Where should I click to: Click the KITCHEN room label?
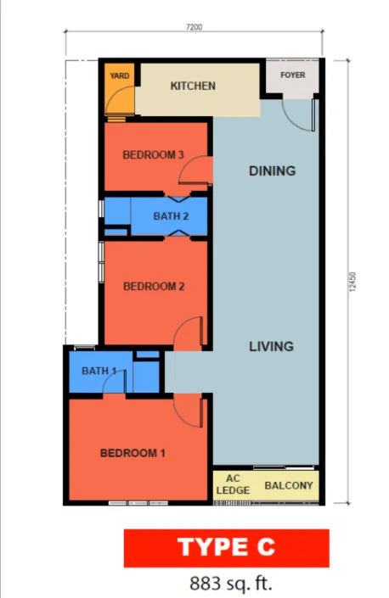click(193, 86)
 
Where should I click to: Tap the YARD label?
click(120, 75)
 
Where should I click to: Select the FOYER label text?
click(293, 75)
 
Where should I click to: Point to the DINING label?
click(272, 170)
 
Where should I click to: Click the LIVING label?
click(272, 346)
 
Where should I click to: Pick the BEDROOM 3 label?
click(153, 155)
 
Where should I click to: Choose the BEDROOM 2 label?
click(154, 286)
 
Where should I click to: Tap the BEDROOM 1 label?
click(132, 453)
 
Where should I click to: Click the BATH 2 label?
click(171, 216)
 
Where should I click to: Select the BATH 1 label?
click(99, 371)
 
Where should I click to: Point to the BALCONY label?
click(289, 485)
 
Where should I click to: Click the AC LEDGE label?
click(233, 484)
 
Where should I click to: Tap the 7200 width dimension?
click(194, 27)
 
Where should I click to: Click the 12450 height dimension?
click(352, 282)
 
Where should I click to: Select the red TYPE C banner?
click(227, 548)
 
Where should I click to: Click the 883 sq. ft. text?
click(231, 584)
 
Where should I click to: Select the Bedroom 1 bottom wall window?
click(138, 503)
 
